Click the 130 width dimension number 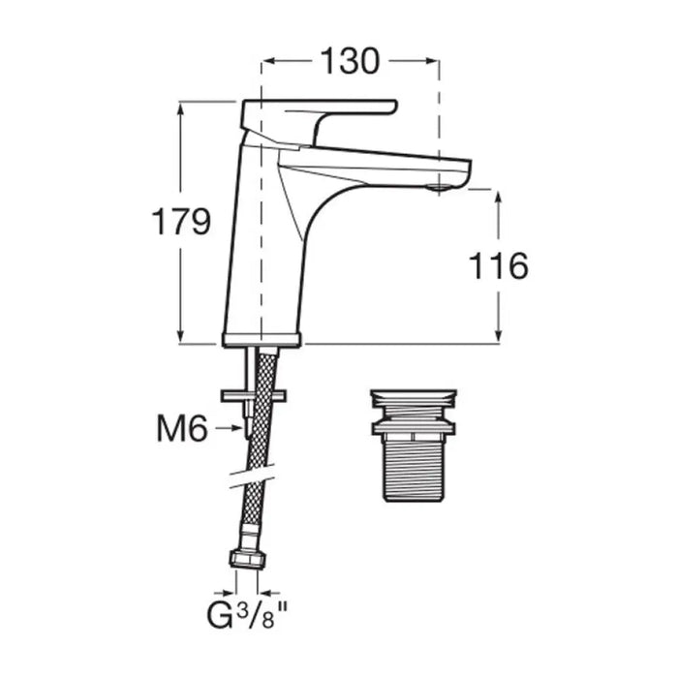click(350, 61)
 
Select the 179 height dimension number click(181, 221)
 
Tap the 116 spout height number click(499, 265)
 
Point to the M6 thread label click(182, 428)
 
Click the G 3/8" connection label click(247, 617)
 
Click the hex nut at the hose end click(247, 558)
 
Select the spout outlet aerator click(439, 188)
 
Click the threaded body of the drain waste click(413, 468)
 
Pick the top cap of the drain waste click(414, 398)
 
